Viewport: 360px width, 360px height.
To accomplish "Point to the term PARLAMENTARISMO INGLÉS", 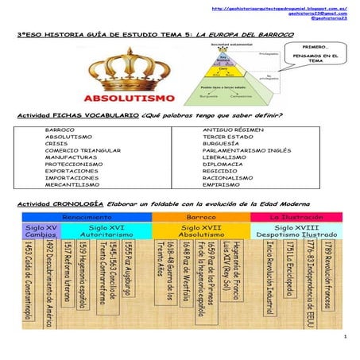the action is pos(248,149).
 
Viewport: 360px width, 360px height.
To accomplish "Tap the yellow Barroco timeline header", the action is pos(200,216).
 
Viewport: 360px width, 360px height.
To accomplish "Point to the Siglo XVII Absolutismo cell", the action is pos(200,231).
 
